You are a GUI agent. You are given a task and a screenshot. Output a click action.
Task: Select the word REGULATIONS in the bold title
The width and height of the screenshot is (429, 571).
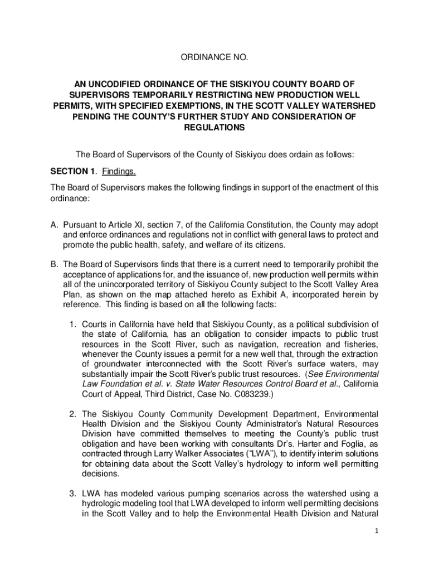[x=214, y=128]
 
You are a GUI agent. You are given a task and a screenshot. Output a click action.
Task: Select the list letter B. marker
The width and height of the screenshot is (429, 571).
[x=55, y=264]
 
